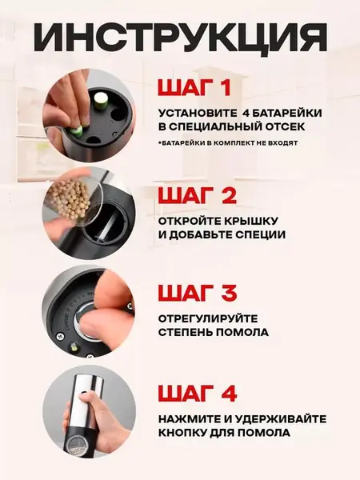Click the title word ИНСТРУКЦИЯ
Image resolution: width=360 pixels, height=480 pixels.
pyautogui.click(x=180, y=37)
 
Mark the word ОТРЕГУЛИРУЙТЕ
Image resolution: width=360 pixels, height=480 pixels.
pyautogui.click(x=207, y=318)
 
